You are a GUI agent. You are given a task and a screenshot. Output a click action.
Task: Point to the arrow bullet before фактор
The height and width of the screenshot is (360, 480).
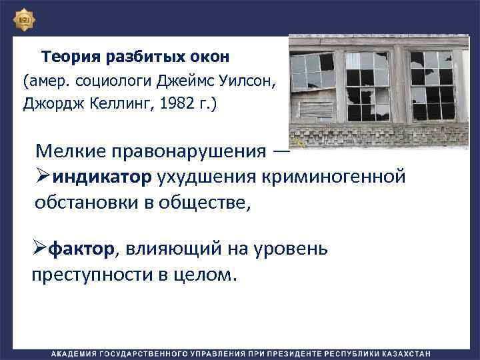click(39, 250)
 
